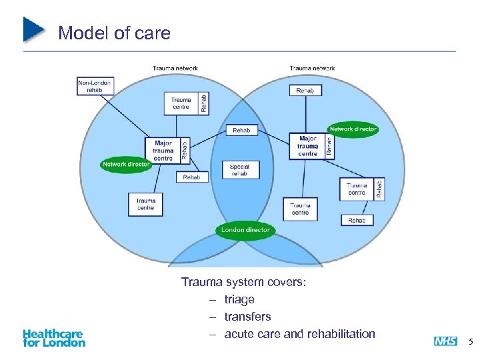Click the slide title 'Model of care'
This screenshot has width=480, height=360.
point(114,33)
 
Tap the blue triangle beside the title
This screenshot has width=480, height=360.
point(33,30)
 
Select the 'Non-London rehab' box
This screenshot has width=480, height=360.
point(95,87)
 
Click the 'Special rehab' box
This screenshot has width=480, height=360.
point(239,169)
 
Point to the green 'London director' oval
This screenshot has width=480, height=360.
point(245,230)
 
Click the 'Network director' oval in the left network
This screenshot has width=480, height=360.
point(126,164)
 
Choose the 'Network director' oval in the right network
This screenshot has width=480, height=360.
point(353,129)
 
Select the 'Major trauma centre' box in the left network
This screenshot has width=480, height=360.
point(163,150)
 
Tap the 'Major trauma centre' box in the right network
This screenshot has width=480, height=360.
point(307,145)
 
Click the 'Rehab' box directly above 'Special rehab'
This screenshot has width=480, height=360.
point(241,131)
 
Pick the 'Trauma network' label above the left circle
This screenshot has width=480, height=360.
point(175,68)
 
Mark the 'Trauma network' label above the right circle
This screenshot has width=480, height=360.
point(312,68)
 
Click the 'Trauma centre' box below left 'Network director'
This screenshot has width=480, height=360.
point(145,203)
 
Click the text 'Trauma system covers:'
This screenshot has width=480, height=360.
point(243,282)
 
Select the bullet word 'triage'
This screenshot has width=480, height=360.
point(239,299)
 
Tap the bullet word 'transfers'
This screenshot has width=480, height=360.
point(247,317)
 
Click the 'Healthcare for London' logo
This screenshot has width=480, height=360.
point(54,338)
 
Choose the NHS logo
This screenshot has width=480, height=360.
point(445,341)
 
